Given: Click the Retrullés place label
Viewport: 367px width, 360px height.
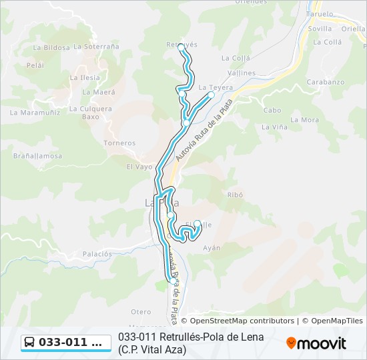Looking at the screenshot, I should pos(181,44).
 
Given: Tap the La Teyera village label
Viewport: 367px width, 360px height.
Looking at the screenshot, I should pos(216,87).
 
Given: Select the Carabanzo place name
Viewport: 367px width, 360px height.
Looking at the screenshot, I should pos(327,82).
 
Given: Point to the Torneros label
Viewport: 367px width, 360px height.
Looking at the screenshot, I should pos(119,143).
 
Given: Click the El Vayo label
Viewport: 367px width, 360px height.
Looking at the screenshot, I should pos(139,167).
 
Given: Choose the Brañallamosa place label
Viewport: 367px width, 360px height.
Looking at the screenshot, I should pos(37,155).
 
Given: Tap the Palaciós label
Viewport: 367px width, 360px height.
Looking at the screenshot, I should pos(97,254).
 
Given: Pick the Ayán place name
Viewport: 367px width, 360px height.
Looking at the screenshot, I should pos(212,247).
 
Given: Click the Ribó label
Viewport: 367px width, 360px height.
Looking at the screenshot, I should pos(235,195).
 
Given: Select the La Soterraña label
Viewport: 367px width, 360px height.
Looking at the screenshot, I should pos(96,47).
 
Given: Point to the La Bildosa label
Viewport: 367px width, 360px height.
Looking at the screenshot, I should pos(51,47).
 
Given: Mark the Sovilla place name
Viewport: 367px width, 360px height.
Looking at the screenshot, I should pos(320,29).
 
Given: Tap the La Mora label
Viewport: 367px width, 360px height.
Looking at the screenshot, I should pos(306,120).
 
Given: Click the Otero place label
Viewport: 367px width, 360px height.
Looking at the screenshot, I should pos(141,311).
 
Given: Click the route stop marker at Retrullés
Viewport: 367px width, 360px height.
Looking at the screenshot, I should pos(181,47).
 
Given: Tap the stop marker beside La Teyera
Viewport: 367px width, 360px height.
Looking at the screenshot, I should pos(211,95).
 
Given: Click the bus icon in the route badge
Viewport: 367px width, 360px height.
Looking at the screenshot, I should pos(30,343).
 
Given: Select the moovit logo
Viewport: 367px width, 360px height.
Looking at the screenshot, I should pos(316,343).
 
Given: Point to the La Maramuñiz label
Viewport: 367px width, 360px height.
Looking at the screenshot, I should pos(35,112).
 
